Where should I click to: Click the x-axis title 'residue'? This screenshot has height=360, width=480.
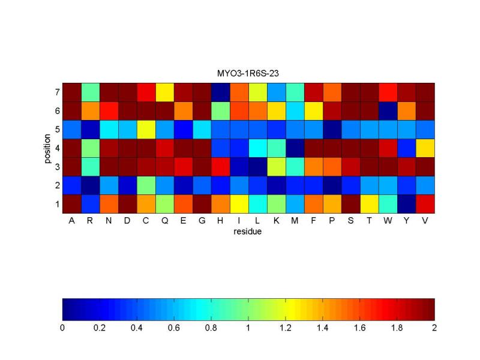(x=248, y=231)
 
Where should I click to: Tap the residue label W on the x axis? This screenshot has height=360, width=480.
(x=388, y=221)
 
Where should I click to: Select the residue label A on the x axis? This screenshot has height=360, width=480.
(x=71, y=221)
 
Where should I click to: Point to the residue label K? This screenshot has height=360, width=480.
(x=276, y=221)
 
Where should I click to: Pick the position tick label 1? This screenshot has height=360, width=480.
(x=56, y=204)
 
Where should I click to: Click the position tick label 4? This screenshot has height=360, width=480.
(x=56, y=148)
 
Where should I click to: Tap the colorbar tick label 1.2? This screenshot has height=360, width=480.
(x=286, y=328)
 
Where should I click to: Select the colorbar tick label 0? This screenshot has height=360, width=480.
(x=62, y=328)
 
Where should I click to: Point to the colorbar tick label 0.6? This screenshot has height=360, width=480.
(x=174, y=328)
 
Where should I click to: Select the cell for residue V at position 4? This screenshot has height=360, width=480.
(x=425, y=148)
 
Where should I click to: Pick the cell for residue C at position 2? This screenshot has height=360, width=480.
(x=146, y=185)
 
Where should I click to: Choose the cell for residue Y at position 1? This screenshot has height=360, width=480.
(x=406, y=204)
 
